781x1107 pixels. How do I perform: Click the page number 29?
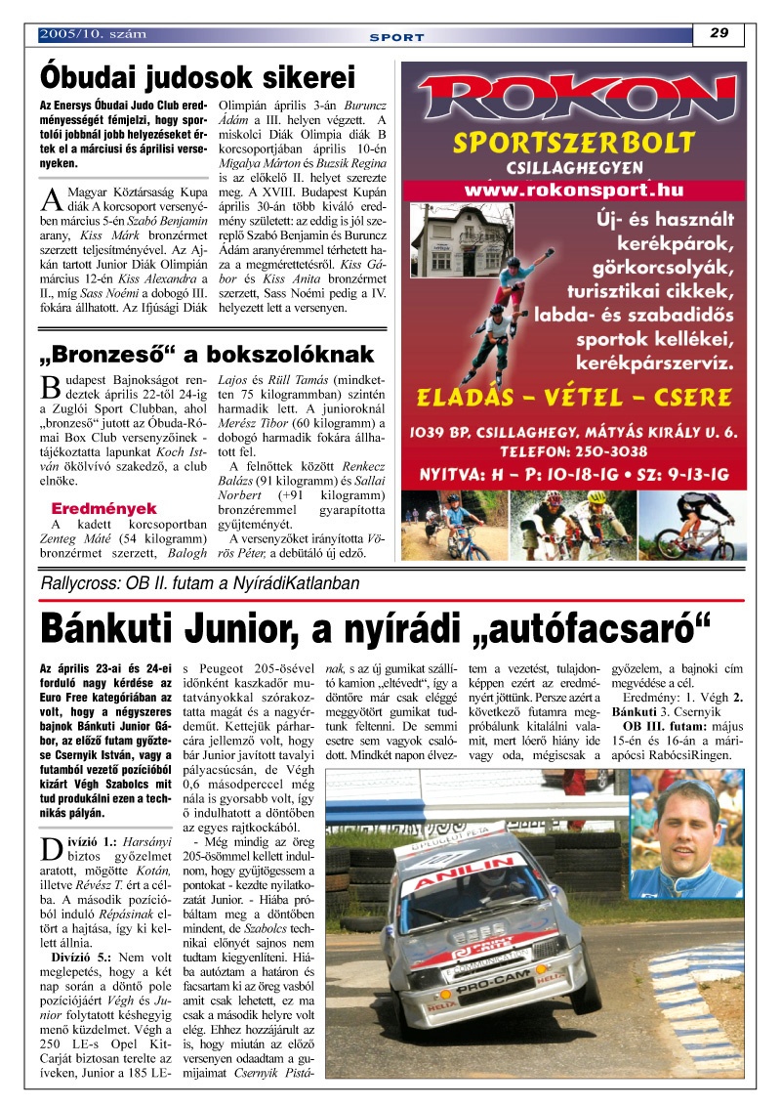719,33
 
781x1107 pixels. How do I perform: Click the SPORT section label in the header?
396,37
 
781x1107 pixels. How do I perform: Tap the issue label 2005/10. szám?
93,34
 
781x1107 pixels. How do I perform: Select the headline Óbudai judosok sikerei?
197,77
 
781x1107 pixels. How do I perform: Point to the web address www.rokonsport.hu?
574,190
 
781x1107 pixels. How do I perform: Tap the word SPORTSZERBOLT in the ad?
574,144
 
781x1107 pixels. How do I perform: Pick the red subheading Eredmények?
103,509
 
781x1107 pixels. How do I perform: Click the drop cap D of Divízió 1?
50,848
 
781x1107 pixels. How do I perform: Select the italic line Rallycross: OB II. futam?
200,583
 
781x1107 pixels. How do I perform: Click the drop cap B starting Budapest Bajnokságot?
50,387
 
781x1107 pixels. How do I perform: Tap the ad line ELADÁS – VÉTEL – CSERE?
574,397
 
